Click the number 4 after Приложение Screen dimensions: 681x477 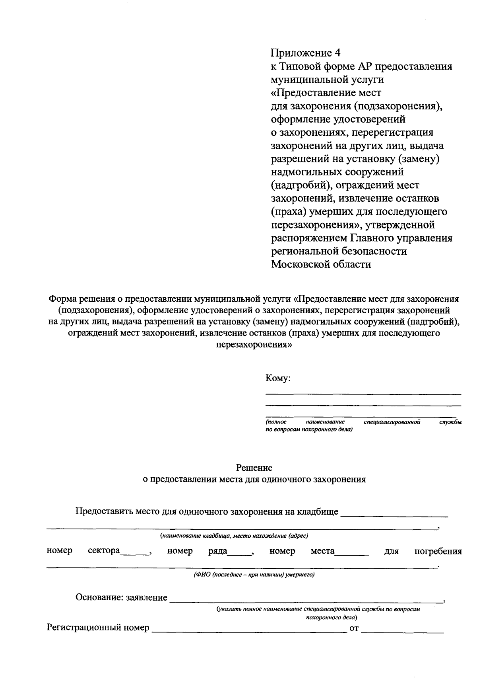[x=337, y=53]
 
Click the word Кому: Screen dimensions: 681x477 [x=278, y=379]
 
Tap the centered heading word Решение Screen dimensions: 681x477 [x=254, y=468]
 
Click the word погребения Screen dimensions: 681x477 [x=438, y=551]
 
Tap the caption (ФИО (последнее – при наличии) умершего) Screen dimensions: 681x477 [x=254, y=575]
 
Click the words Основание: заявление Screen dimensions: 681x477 [x=121, y=597]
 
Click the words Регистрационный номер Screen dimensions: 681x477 [x=98, y=628]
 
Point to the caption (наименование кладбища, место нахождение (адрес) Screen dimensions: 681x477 [x=234, y=536]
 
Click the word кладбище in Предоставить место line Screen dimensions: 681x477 [x=318, y=511]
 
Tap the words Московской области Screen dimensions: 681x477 [x=321, y=264]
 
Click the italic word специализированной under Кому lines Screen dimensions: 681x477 [x=392, y=421]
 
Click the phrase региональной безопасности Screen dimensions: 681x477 [x=339, y=251]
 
